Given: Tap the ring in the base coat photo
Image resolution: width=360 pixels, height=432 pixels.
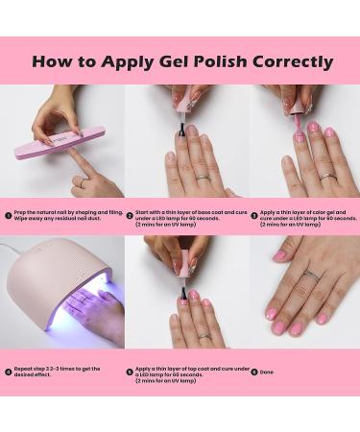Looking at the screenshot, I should click(204, 176).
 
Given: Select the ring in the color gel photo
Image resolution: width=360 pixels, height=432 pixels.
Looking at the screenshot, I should click(327, 176).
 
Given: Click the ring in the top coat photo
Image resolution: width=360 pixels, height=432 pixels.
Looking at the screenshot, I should click(204, 335).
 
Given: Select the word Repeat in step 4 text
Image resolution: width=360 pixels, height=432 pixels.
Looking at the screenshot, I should click(24, 370).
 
